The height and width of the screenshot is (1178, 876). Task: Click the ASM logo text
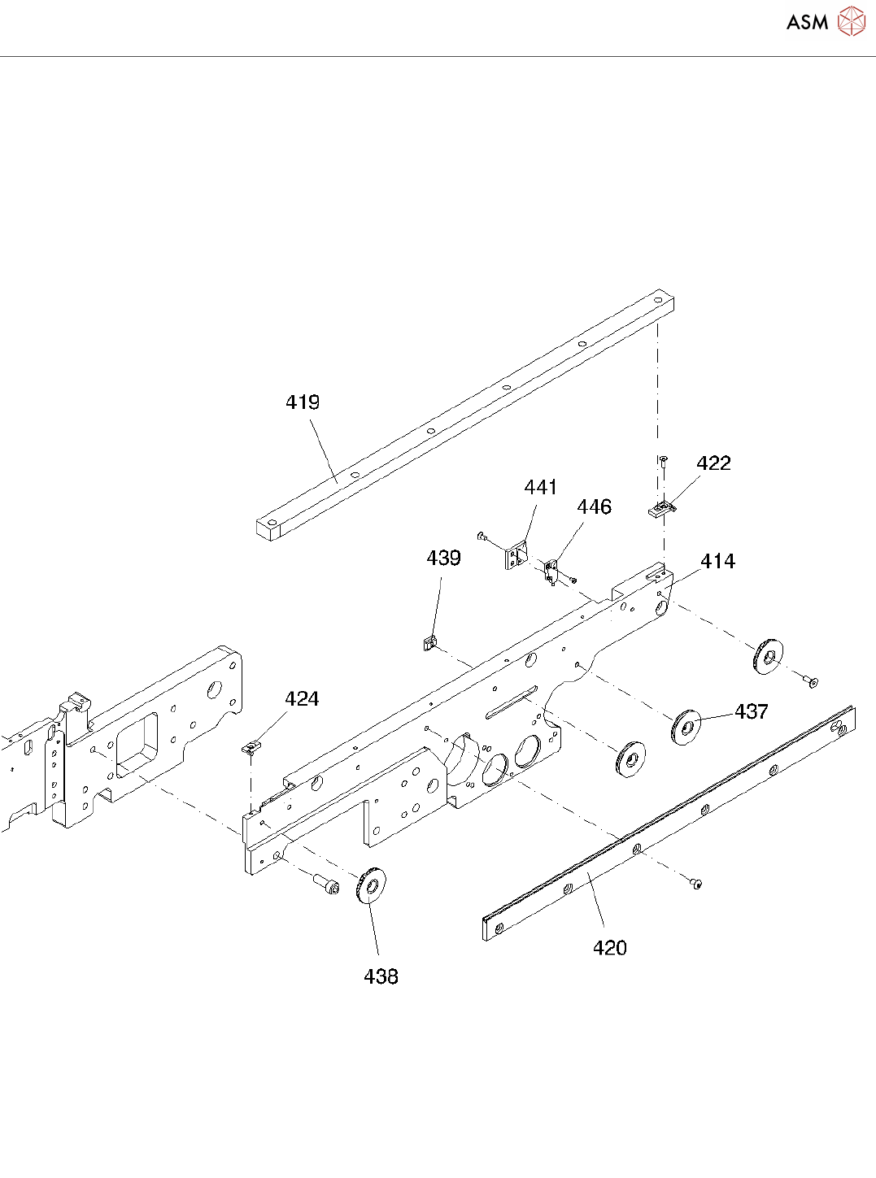(807, 23)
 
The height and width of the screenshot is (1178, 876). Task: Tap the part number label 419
(303, 402)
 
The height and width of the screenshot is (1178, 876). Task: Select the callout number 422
(713, 463)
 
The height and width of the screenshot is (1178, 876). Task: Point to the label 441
(540, 487)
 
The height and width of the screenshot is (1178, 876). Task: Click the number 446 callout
(594, 507)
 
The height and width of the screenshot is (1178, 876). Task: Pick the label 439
(443, 558)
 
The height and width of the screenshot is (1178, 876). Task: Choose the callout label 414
(717, 561)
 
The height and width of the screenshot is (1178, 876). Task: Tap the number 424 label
(302, 698)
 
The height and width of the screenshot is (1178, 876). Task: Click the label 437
(751, 711)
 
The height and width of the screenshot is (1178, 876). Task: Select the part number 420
(609, 948)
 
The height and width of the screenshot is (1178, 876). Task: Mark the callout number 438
(381, 976)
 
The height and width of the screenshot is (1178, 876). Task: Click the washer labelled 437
(686, 726)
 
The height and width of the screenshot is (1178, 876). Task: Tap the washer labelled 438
(372, 885)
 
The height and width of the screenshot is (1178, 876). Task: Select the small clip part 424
(253, 746)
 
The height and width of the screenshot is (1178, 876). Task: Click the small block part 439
(429, 643)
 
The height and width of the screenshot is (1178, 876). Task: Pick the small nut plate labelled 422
(662, 510)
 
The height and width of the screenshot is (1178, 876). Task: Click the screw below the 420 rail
(696, 883)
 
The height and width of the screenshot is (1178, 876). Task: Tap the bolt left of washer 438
(326, 883)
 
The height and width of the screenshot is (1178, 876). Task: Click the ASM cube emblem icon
(852, 22)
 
